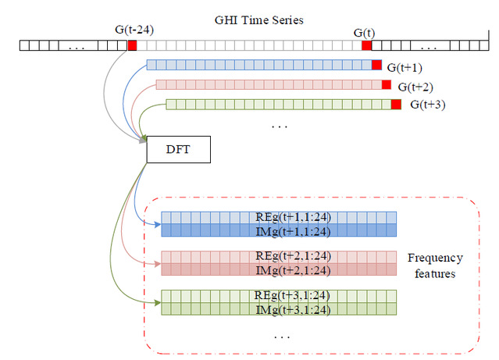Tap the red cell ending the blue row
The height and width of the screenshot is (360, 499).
click(377, 66)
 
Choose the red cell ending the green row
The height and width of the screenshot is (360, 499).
click(396, 104)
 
